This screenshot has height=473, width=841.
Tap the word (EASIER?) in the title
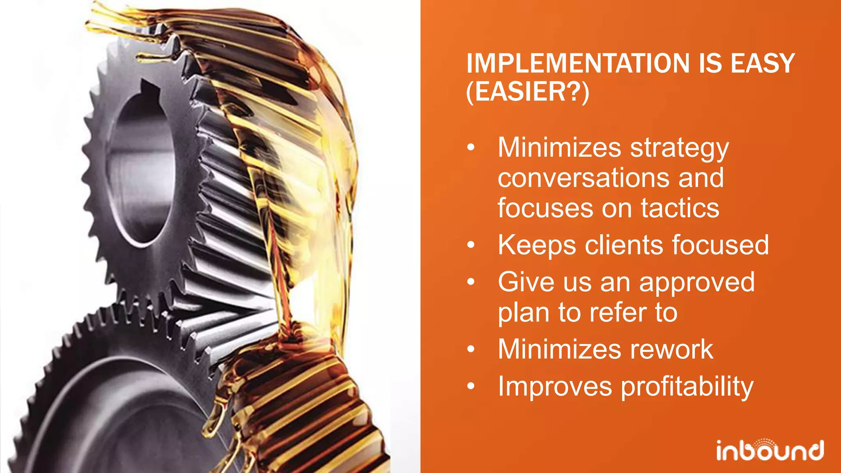[528, 92]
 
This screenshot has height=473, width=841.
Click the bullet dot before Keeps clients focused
[471, 246]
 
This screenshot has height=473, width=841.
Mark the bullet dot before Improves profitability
[471, 386]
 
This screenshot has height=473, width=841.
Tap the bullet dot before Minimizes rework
[471, 349]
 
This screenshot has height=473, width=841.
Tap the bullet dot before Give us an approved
[471, 282]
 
